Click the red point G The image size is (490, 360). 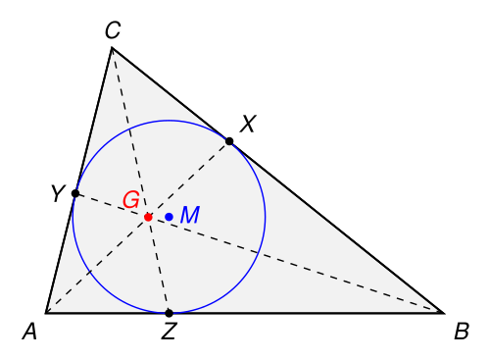[148, 217]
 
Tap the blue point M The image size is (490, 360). [169, 217]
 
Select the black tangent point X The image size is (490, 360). [229, 141]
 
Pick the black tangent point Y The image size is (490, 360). [75, 193]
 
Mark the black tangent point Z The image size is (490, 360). [169, 313]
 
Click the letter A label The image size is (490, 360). [29, 332]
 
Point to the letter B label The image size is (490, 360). [462, 332]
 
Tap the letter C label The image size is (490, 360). [113, 30]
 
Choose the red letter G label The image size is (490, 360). [131, 199]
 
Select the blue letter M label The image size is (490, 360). [190, 215]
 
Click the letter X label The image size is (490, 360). [248, 124]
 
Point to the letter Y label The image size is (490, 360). [58, 193]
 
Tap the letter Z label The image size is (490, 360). [169, 332]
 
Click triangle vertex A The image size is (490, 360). [46, 313]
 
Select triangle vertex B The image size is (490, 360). [444, 313]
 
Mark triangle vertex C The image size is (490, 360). [112, 48]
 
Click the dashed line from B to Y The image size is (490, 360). [260, 253]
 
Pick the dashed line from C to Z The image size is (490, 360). [140, 180]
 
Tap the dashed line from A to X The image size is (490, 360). [137, 228]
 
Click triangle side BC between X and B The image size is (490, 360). [336, 228]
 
